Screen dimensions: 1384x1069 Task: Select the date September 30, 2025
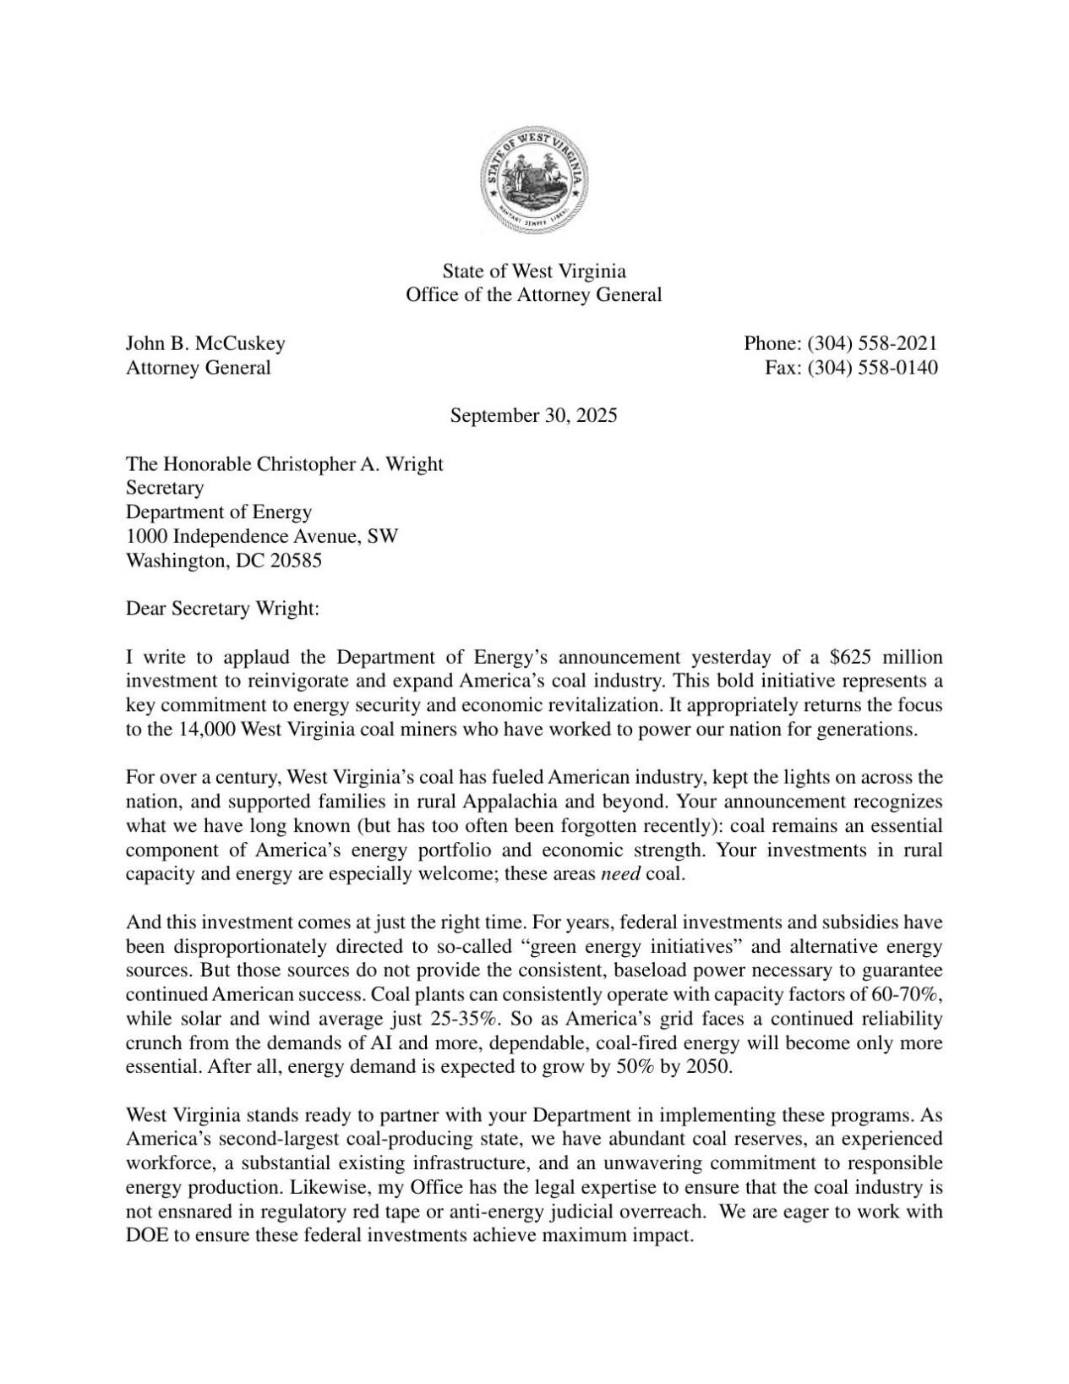(x=533, y=416)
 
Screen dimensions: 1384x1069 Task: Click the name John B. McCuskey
(x=205, y=343)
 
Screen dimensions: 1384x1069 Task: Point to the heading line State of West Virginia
(x=534, y=271)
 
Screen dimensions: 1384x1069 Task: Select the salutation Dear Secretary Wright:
(x=222, y=609)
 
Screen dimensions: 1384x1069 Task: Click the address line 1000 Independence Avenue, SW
(x=262, y=536)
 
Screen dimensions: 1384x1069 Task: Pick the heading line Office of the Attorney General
(x=534, y=296)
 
